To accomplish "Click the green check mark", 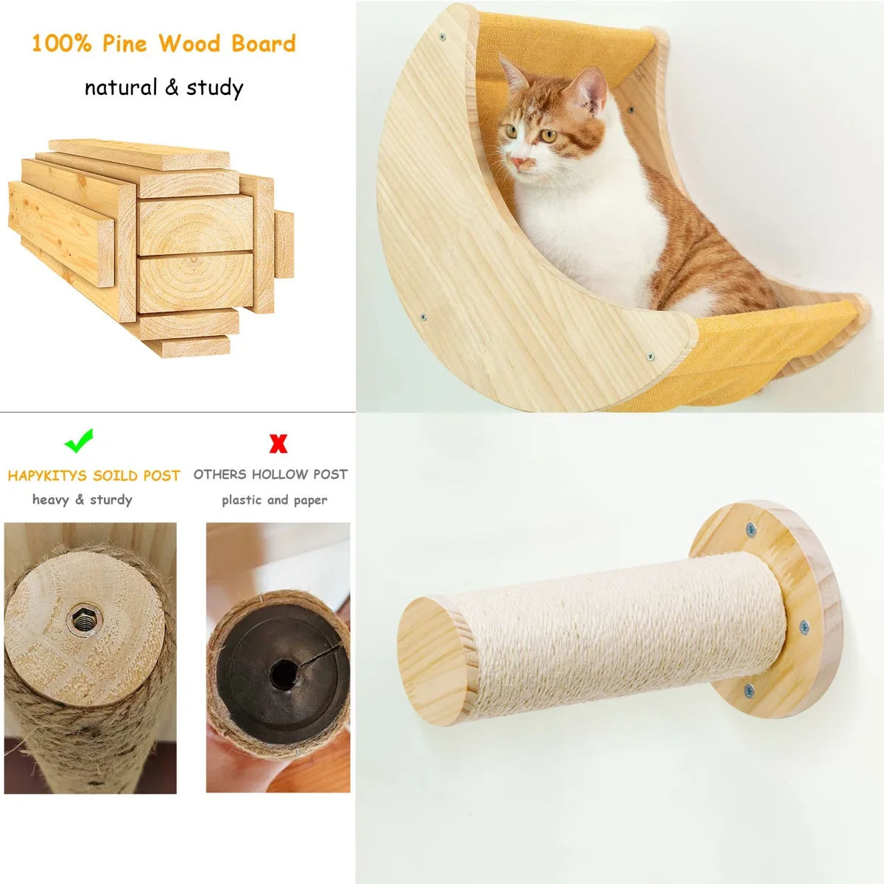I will (x=79, y=441).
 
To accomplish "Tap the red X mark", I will (x=278, y=443).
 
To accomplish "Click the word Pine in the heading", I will (x=124, y=43).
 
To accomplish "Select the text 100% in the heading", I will (x=61, y=43).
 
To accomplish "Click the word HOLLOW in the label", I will (x=279, y=474).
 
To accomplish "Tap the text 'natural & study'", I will (x=164, y=88).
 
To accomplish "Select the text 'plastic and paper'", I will (x=274, y=500).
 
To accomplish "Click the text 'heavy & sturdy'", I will (x=83, y=500).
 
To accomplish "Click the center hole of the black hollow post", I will (x=282, y=673).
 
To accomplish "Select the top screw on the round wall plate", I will (x=751, y=528).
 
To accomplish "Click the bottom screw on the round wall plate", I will (x=748, y=690).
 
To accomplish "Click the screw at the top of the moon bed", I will (x=443, y=36).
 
